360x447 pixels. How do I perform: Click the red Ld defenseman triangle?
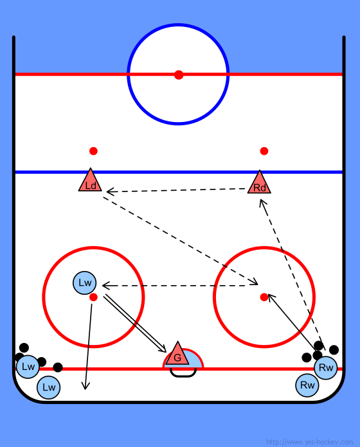tap(90, 181)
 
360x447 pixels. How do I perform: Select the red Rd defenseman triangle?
tap(259, 184)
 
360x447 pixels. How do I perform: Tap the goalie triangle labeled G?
tap(177, 355)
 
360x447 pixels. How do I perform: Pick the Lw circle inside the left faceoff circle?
tap(85, 283)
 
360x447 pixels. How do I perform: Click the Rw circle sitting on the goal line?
tap(326, 368)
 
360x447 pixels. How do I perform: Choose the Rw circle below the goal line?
tap(307, 385)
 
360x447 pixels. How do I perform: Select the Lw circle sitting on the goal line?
tap(28, 367)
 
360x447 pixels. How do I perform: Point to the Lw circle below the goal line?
tap(48, 387)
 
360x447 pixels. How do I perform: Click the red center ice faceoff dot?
tap(179, 74)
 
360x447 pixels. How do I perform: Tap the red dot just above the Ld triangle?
tap(93, 151)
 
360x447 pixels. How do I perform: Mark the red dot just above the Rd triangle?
tap(264, 151)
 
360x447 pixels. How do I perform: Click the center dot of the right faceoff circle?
tap(264, 297)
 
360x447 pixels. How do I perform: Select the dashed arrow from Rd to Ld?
tap(176, 190)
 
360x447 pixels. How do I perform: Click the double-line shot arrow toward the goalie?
tap(135, 324)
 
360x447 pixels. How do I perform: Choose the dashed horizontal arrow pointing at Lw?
tap(180, 285)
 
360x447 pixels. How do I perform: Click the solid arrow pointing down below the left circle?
tap(89, 347)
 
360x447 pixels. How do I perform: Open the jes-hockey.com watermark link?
tap(310, 442)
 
